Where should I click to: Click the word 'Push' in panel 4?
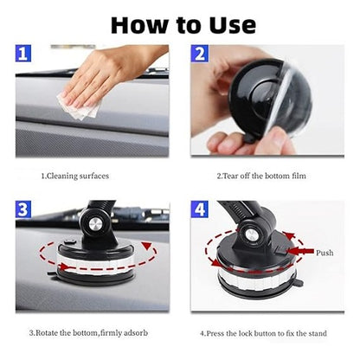click(x=324, y=254)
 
